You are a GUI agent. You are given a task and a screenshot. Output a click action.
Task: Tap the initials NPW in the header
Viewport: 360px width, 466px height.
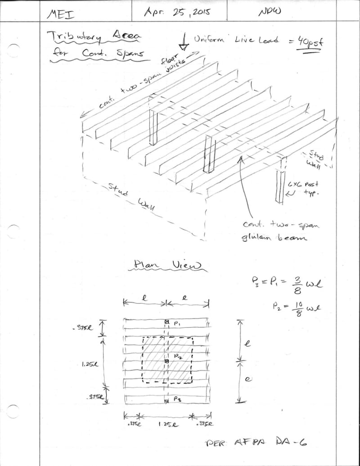point(270,12)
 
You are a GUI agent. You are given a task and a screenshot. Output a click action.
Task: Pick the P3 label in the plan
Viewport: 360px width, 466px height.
point(178,400)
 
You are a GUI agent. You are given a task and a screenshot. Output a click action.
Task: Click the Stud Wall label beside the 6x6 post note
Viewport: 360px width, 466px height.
point(317,159)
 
